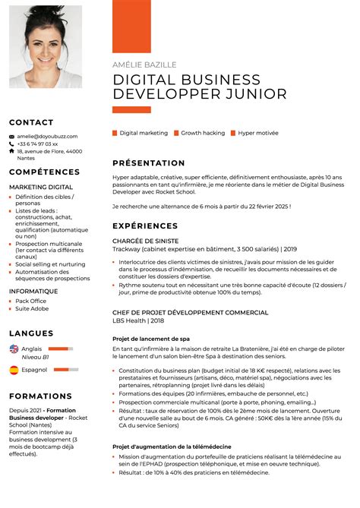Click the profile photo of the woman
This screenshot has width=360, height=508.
(x=46, y=47)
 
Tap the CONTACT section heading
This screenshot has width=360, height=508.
(x=31, y=122)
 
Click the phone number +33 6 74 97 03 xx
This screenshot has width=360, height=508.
(x=38, y=144)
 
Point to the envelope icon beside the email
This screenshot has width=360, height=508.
(x=12, y=136)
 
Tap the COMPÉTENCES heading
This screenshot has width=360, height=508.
(x=45, y=172)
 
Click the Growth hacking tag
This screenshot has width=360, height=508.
(x=203, y=133)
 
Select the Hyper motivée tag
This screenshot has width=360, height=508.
(x=258, y=133)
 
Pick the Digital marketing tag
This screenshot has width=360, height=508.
(x=144, y=133)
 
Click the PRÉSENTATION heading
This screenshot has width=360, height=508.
(x=149, y=163)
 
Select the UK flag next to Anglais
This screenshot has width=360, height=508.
(x=14, y=349)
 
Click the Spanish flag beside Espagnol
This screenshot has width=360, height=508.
(x=14, y=370)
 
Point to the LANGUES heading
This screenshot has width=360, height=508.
(x=31, y=333)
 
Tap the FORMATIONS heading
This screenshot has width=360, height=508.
(x=40, y=396)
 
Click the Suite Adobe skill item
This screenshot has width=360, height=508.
(x=32, y=308)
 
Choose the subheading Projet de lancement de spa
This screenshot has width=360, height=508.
(x=150, y=339)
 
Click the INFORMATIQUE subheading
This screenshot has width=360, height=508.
(x=33, y=291)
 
